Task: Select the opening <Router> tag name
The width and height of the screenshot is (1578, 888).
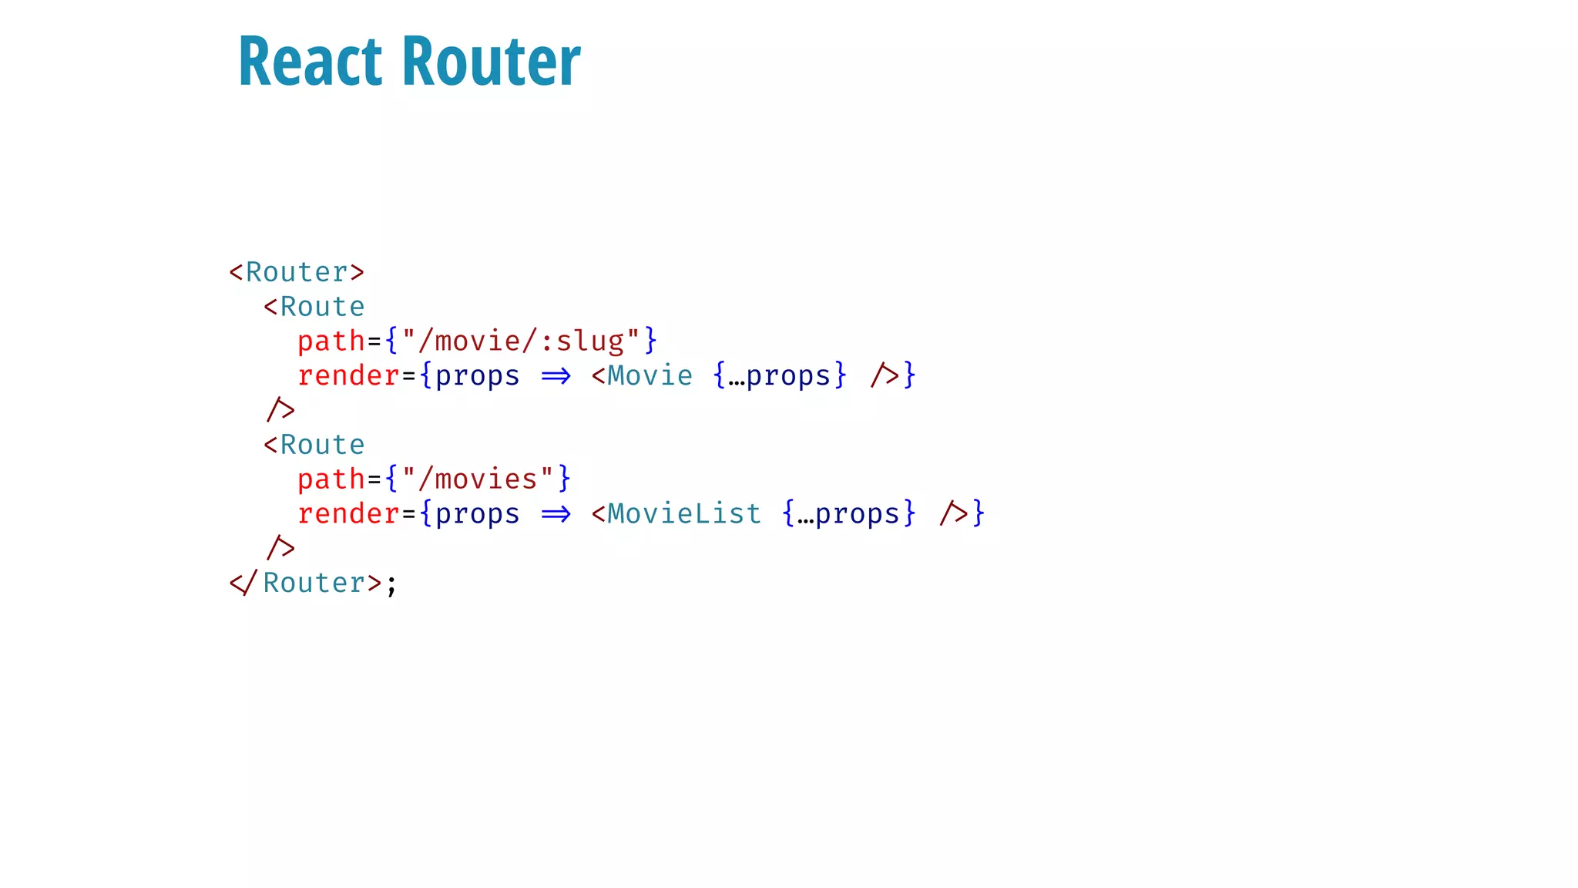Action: pos(297,272)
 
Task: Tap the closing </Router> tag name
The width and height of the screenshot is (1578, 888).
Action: pos(314,583)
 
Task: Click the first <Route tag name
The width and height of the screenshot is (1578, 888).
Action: pos(322,307)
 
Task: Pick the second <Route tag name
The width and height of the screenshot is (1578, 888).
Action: pos(322,445)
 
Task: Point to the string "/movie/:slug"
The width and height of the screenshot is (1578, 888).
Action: pos(521,341)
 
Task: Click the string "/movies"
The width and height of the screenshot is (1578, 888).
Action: pos(478,479)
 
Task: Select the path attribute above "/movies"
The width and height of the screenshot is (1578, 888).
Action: pos(331,479)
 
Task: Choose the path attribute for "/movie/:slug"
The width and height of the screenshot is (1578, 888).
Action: pos(331,341)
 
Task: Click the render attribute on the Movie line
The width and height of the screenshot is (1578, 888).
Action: pos(348,375)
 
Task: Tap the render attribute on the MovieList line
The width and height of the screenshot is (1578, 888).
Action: pos(348,513)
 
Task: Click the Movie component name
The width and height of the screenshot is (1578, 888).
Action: pos(650,375)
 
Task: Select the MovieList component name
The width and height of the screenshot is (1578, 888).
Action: pos(684,513)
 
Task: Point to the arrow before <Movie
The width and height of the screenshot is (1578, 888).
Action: pos(556,376)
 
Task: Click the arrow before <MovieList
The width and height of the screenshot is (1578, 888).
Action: pos(556,514)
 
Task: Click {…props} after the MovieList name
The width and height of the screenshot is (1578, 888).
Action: pos(848,513)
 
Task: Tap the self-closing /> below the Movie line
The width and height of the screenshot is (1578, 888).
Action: pos(280,409)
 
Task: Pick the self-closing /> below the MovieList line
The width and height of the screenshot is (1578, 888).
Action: pos(280,547)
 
